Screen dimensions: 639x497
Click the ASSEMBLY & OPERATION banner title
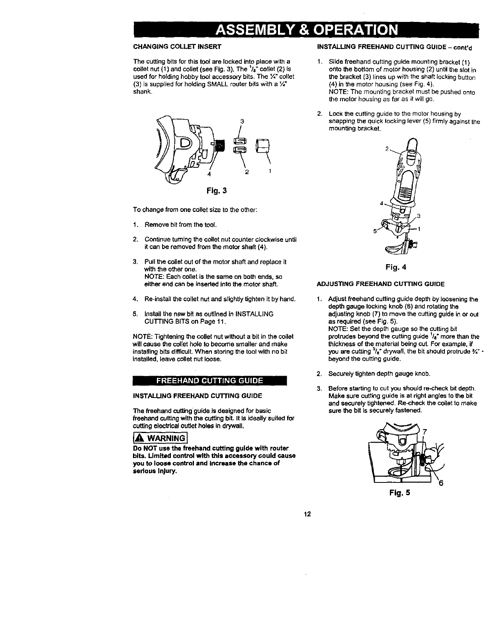[x=306, y=30]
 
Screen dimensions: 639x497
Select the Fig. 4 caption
[x=396, y=267]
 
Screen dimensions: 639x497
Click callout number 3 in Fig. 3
[x=242, y=121]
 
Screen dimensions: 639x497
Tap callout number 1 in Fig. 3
[x=270, y=172]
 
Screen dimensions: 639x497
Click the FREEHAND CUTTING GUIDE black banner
[x=210, y=380]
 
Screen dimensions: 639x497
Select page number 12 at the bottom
[x=307, y=514]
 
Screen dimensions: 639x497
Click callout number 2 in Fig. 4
[x=386, y=149]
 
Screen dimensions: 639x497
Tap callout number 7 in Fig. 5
[x=424, y=431]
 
